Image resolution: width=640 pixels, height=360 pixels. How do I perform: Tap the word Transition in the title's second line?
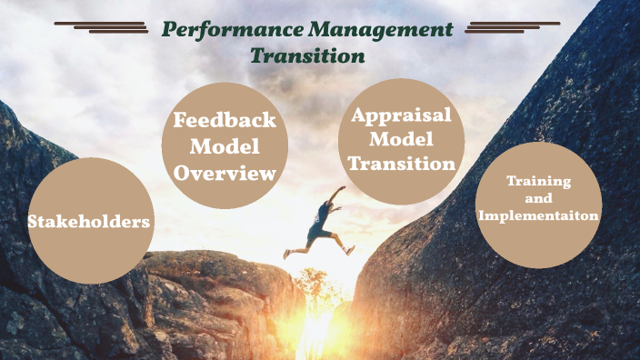[307, 56]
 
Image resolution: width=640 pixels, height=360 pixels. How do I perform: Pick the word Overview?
[225, 172]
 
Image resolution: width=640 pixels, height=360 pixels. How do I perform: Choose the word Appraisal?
[402, 116]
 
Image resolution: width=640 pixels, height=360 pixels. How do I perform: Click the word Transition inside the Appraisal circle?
[402, 165]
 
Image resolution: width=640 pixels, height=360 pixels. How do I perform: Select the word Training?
[539, 182]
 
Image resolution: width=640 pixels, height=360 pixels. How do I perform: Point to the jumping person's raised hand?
[342, 189]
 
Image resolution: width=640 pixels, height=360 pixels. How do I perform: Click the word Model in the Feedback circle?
[225, 146]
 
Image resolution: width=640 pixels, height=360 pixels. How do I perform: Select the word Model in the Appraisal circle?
[402, 140]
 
